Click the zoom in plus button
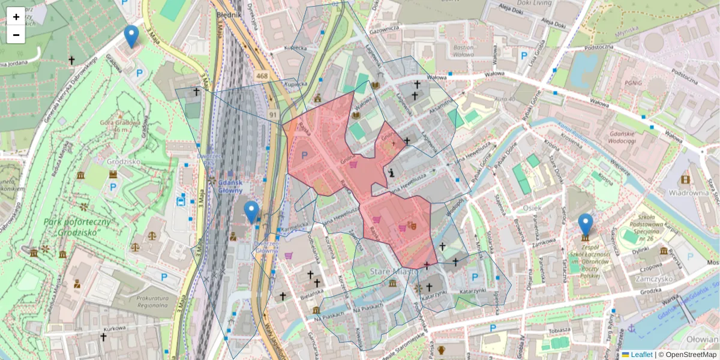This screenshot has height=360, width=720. tap(16, 17)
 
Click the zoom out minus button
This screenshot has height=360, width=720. tap(16, 35)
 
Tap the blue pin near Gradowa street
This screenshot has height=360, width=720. tap(131, 37)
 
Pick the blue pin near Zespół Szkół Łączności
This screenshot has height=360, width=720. tap(585, 224)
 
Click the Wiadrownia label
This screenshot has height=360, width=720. tap(689, 193)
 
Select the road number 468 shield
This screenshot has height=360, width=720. tap(262, 76)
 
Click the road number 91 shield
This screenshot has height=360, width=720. tap(272, 114)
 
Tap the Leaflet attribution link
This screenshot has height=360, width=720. tap(641, 355)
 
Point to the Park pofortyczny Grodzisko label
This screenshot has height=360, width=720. tap(78, 227)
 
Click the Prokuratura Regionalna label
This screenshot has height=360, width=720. tap(143, 302)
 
